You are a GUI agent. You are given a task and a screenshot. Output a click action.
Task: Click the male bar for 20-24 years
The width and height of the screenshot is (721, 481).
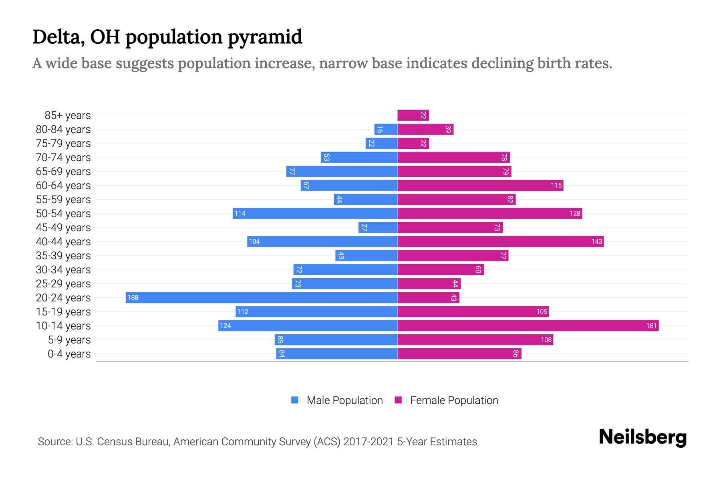pyautogui.click(x=261, y=297)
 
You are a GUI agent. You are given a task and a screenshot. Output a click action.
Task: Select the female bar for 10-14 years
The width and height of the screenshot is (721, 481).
pyautogui.click(x=528, y=325)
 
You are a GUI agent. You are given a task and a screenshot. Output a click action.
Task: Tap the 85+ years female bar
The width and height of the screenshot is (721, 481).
pyautogui.click(x=413, y=115)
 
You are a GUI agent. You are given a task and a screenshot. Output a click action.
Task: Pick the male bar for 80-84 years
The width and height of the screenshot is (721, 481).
pyautogui.click(x=386, y=129)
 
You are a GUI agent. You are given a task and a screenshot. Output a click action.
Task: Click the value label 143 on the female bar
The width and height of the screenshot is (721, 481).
pyautogui.click(x=596, y=241)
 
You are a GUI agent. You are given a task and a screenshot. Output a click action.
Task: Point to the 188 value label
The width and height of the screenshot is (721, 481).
pyautogui.click(x=133, y=297)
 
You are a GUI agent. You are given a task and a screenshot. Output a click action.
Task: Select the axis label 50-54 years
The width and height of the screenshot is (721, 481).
pyautogui.click(x=63, y=213)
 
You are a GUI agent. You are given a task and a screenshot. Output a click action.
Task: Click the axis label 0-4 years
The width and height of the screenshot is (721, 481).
pyautogui.click(x=69, y=354)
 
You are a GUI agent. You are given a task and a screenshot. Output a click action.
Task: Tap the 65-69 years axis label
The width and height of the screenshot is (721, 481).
pyautogui.click(x=63, y=171)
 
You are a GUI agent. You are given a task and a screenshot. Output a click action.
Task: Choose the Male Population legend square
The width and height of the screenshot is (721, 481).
pyautogui.click(x=295, y=400)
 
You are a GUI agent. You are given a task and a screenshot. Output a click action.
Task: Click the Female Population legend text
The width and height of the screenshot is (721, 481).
pyautogui.click(x=454, y=400)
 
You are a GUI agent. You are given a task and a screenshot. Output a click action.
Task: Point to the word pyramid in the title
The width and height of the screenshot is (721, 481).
pyautogui.click(x=265, y=37)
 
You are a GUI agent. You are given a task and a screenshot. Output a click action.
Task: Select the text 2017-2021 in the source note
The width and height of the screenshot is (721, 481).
pyautogui.click(x=369, y=441)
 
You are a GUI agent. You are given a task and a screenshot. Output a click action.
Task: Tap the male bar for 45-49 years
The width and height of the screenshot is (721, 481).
pyautogui.click(x=378, y=227)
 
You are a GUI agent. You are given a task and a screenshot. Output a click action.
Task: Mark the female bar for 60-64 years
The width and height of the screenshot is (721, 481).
pyautogui.click(x=480, y=185)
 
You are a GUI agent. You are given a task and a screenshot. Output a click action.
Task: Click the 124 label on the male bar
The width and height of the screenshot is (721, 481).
pyautogui.click(x=226, y=325)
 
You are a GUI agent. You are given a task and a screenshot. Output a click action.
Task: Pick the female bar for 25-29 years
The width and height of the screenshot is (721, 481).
pyautogui.click(x=429, y=283)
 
